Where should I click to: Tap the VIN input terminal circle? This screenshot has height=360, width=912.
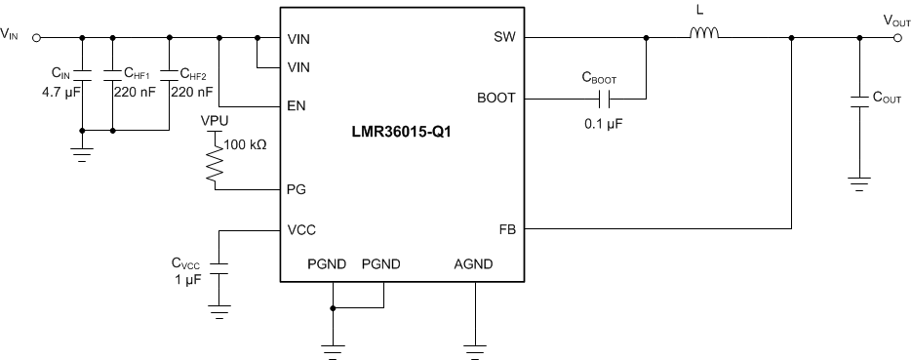point(36,39)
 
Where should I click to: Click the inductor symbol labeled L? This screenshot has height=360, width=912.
point(704,36)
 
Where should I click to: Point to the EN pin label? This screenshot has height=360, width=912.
point(298,104)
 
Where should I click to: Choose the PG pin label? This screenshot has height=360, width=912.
point(298,189)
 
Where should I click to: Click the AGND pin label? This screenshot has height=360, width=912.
point(474,263)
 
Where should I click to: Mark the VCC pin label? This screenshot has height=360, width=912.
point(302,230)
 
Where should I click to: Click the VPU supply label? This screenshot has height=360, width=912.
point(215,120)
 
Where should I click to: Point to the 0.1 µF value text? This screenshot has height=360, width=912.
point(604,124)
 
